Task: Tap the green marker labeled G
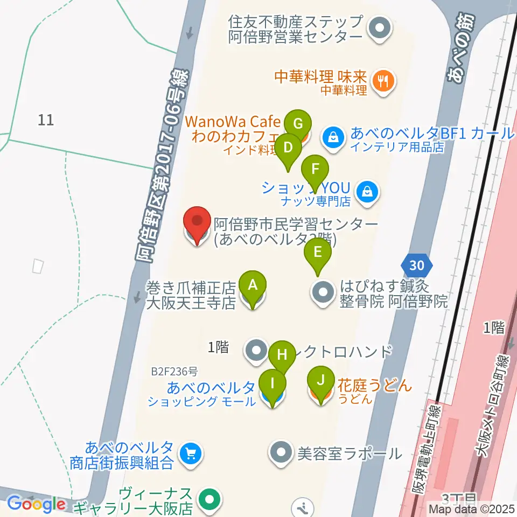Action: (298, 123)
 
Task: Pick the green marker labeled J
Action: (320, 381)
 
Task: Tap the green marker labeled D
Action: (288, 147)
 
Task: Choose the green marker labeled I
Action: (273, 384)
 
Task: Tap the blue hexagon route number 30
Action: (416, 266)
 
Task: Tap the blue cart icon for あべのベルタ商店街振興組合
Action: (189, 453)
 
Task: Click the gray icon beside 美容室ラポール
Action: (281, 452)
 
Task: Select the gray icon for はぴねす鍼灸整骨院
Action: (323, 294)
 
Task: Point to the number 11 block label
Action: (46, 120)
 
